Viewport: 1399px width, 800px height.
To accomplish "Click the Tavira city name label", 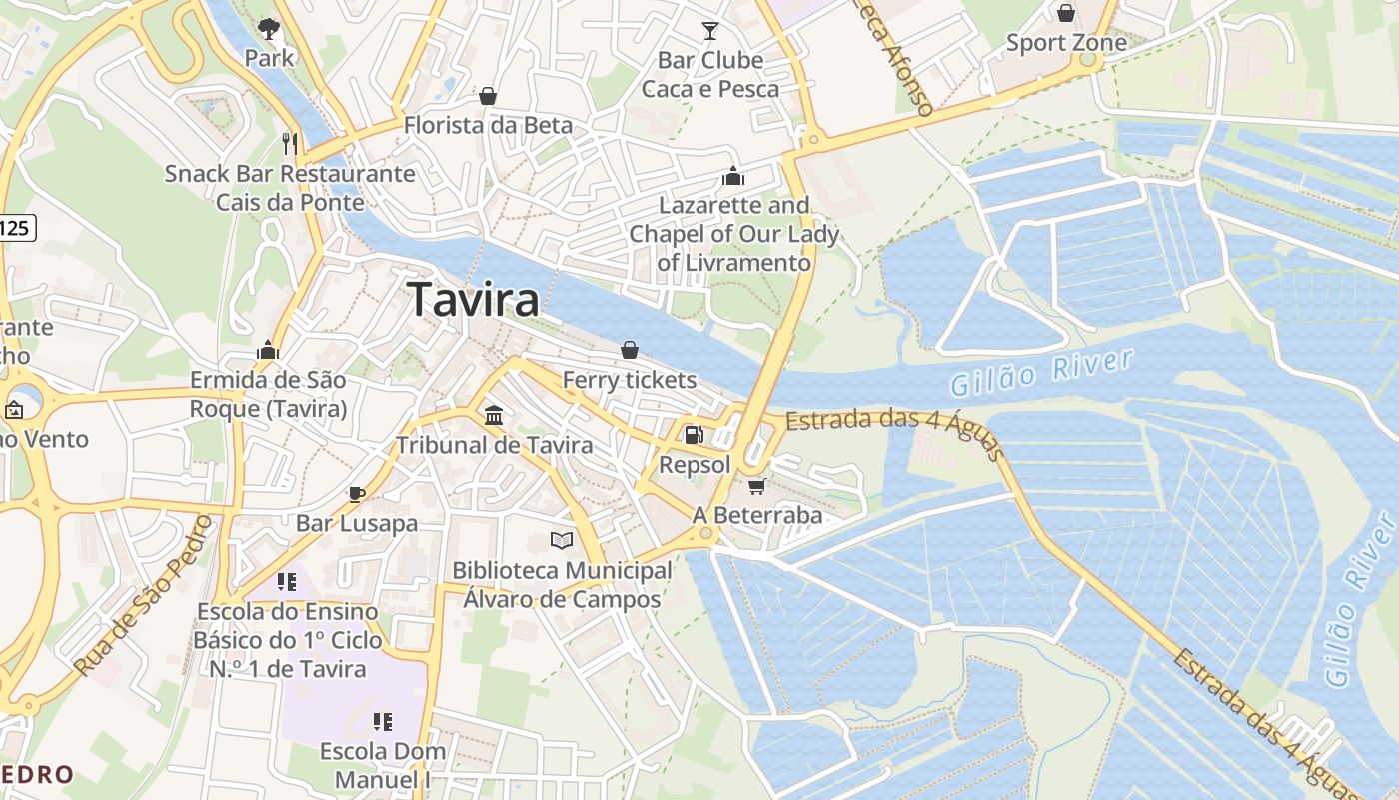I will (x=474, y=299).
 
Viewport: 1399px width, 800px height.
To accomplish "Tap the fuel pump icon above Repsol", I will (x=693, y=435).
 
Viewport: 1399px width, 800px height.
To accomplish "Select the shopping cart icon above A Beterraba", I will (x=756, y=486).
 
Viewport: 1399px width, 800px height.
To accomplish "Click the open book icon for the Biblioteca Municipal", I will (x=562, y=541).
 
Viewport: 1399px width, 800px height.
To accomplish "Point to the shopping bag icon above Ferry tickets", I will (x=630, y=350).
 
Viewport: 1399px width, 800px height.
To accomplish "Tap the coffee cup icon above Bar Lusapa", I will (x=356, y=494).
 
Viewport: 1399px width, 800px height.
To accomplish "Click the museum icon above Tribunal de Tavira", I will (x=494, y=415).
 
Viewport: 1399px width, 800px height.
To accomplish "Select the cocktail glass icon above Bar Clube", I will (x=710, y=31).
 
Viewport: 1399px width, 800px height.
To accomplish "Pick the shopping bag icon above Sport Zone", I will (x=1066, y=13).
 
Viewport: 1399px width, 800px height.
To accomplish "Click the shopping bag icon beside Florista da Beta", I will (x=488, y=96).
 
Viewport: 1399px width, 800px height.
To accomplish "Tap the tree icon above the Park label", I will (x=268, y=28).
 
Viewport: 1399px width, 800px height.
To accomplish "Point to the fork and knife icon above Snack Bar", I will (x=290, y=144).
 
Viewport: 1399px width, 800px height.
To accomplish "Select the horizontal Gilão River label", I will (x=1041, y=372).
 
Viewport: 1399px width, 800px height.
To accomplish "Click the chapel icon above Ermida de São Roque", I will (x=268, y=351).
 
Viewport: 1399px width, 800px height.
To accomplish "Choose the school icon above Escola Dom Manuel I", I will (x=382, y=721).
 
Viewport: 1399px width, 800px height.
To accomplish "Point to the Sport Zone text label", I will (x=1066, y=43).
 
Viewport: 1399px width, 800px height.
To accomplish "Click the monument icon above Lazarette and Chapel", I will (x=733, y=177).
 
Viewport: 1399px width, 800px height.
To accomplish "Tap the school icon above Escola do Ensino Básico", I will (x=287, y=581).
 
